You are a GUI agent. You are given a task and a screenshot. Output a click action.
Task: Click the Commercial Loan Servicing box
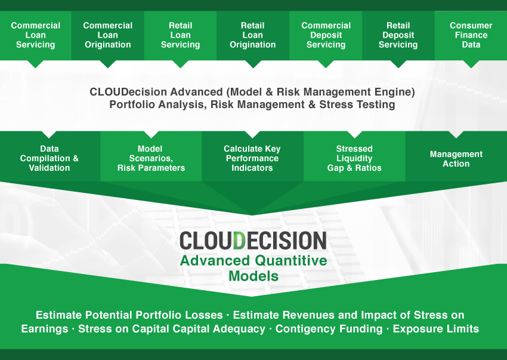pyautogui.click(x=36, y=35)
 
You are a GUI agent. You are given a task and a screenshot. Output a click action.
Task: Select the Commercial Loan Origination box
pyautogui.click(x=108, y=35)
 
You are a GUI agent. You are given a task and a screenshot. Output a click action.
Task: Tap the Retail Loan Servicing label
pyautogui.click(x=180, y=35)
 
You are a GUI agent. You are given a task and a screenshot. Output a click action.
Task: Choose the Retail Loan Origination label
pyautogui.click(x=253, y=35)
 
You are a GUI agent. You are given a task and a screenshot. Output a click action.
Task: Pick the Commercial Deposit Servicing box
pyautogui.click(x=326, y=35)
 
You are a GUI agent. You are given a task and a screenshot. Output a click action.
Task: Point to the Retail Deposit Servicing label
pyautogui.click(x=398, y=35)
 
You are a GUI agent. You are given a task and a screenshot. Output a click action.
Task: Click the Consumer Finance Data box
pyautogui.click(x=471, y=35)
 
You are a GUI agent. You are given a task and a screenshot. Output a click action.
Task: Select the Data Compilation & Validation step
pyautogui.click(x=50, y=158)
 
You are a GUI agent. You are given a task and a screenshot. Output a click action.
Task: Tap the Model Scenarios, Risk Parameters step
pyautogui.click(x=151, y=158)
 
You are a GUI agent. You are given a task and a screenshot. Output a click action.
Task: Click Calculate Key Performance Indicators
pyautogui.click(x=252, y=158)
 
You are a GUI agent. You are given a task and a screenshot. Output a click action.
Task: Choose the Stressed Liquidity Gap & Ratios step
pyautogui.click(x=354, y=158)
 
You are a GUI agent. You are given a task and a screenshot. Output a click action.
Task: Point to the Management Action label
pyautogui.click(x=456, y=159)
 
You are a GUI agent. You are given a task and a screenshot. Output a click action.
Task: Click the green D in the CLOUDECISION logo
pyautogui.click(x=239, y=241)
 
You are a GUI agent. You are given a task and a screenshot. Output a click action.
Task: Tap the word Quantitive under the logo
pyautogui.click(x=291, y=261)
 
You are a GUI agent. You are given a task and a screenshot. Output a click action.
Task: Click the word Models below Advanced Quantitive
pyautogui.click(x=253, y=276)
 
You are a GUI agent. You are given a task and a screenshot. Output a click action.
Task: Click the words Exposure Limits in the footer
pyautogui.click(x=435, y=328)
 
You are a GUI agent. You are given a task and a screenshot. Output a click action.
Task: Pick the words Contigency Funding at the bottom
pyautogui.click(x=329, y=328)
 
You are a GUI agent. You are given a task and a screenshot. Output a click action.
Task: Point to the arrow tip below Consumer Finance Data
pyautogui.click(x=471, y=67)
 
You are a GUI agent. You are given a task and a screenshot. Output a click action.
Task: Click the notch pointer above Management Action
pyautogui.click(x=456, y=134)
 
